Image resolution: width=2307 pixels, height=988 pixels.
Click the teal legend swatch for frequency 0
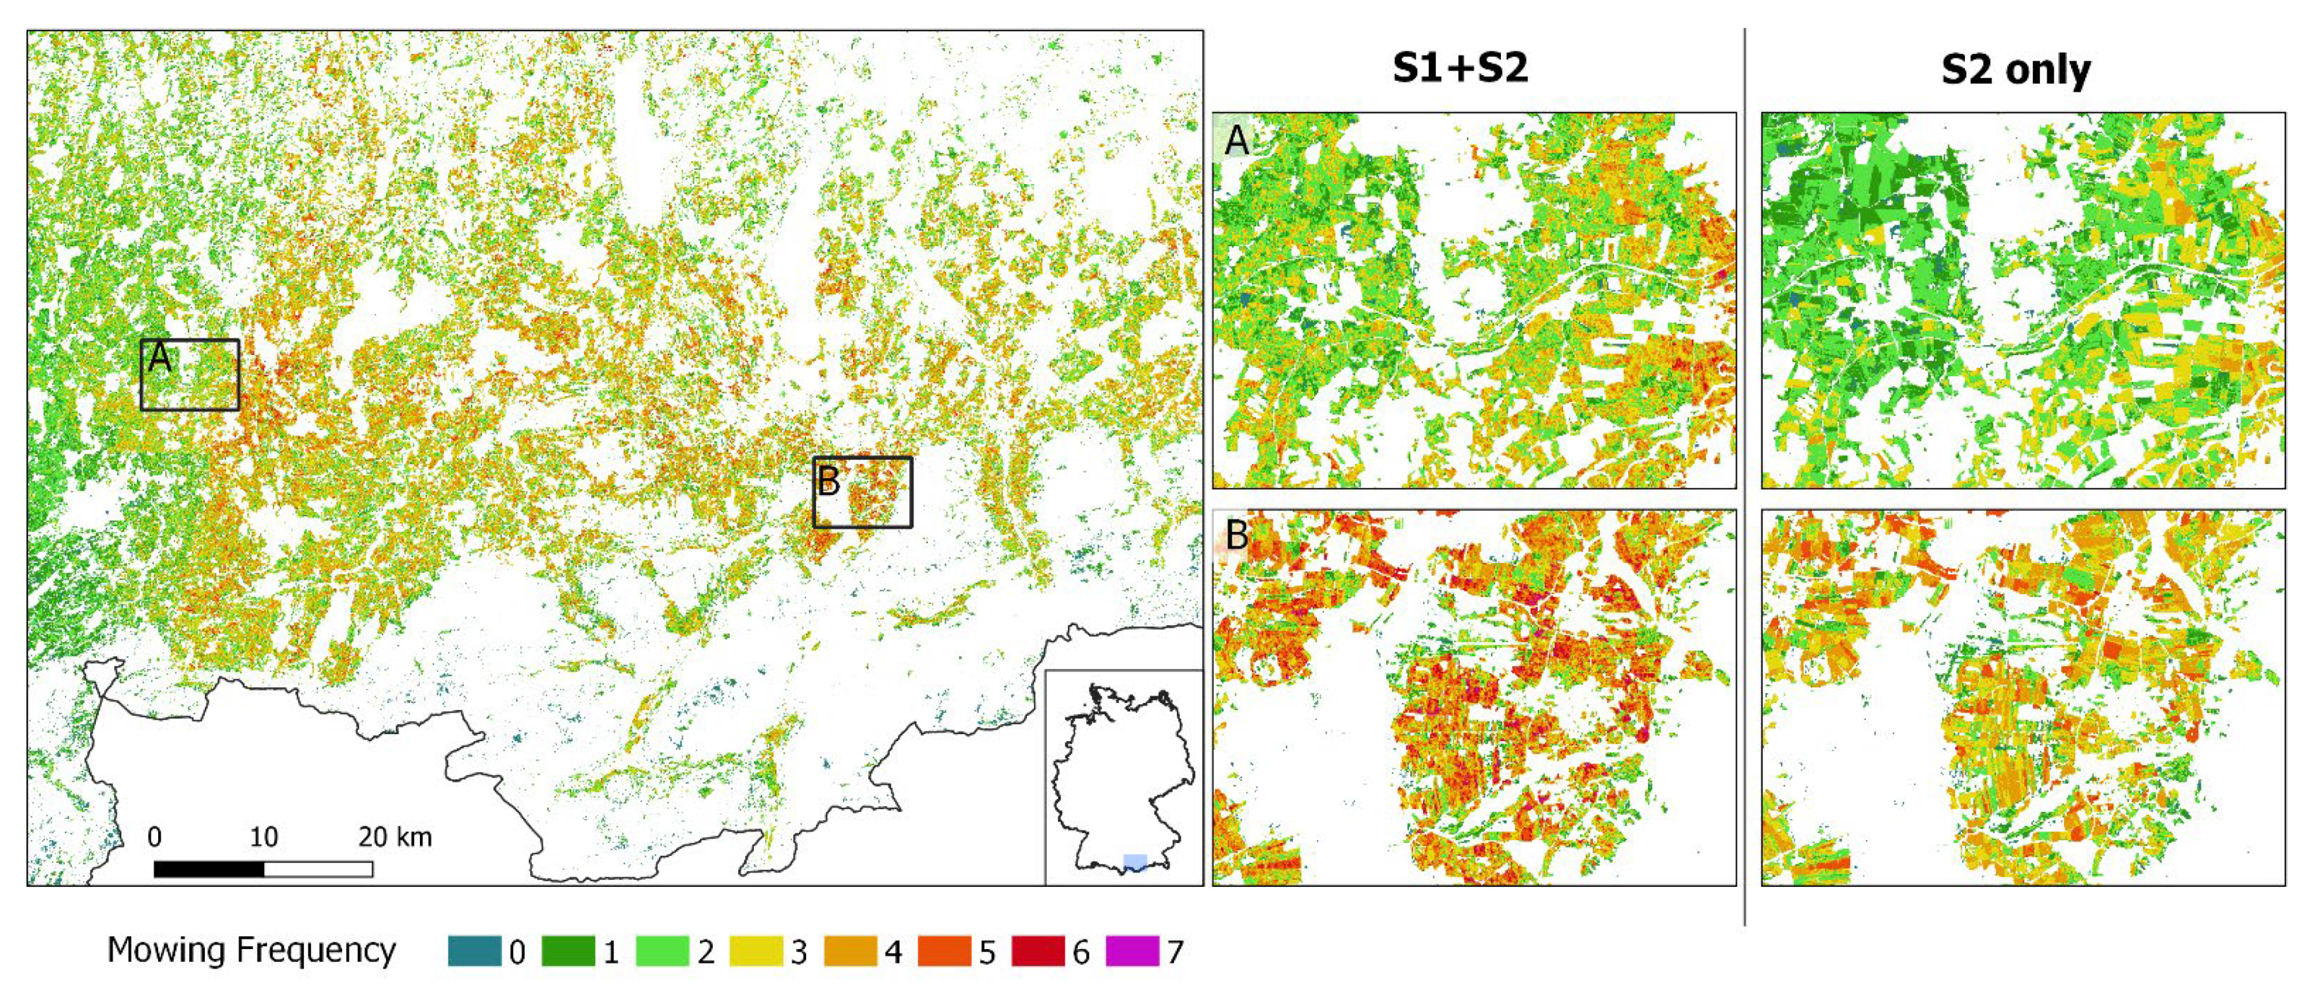tap(474, 950)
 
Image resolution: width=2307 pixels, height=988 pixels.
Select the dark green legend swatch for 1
tap(568, 950)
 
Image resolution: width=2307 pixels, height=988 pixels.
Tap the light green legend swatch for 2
tap(662, 950)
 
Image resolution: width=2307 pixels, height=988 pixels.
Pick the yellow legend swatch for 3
tap(756, 950)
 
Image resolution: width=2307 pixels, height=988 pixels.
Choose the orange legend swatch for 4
tap(850, 950)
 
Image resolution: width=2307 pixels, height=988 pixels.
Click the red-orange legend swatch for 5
tap(944, 950)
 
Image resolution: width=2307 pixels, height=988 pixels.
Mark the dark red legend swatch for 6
tap(1038, 950)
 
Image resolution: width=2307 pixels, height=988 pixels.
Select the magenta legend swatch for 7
tap(1132, 950)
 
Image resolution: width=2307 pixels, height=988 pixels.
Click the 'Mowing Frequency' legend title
tap(251, 950)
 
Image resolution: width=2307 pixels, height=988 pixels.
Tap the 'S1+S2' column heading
tap(1460, 69)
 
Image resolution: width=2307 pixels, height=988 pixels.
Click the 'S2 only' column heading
tap(2015, 70)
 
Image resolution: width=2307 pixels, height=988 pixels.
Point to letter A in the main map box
tap(159, 358)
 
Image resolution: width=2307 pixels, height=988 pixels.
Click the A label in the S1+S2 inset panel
tap(1237, 140)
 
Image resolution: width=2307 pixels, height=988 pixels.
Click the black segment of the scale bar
tap(209, 869)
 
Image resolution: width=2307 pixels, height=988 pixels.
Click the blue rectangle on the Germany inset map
tap(1135, 862)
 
